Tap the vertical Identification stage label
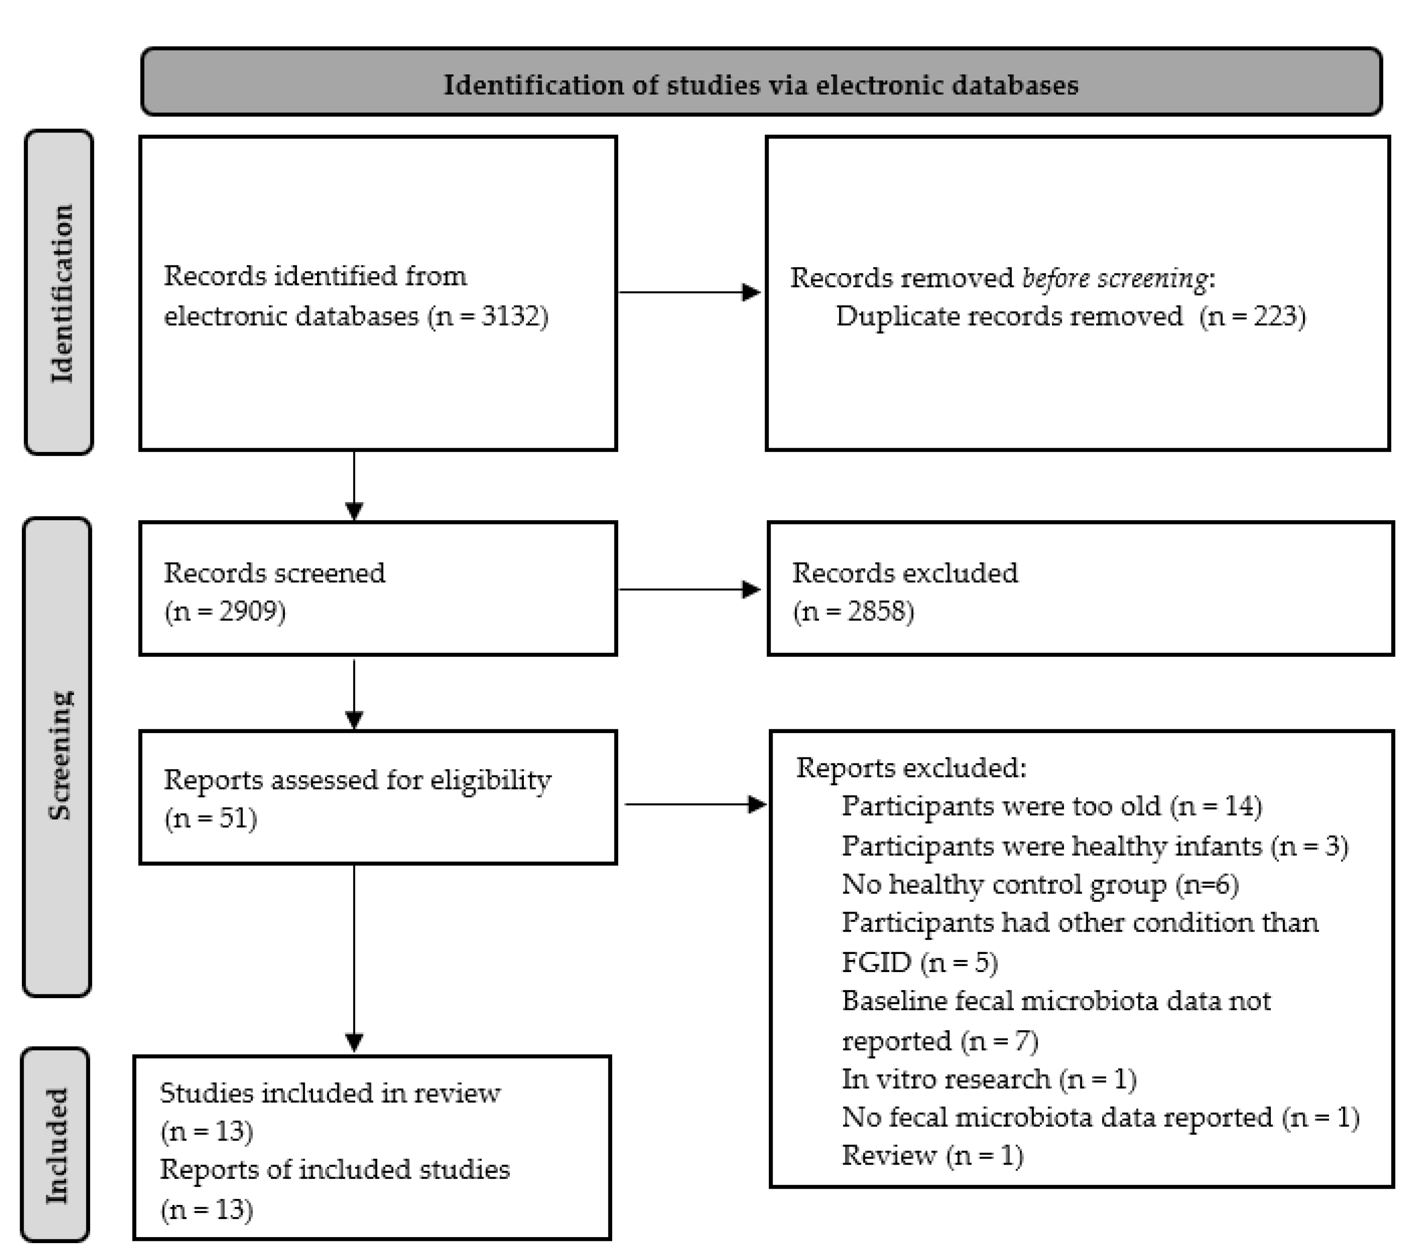pos(61,293)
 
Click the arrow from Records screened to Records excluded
pos(689,589)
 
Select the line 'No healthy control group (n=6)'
pos(1039,885)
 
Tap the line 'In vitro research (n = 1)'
pos(988,1079)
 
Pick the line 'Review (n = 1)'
pos(932,1156)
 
